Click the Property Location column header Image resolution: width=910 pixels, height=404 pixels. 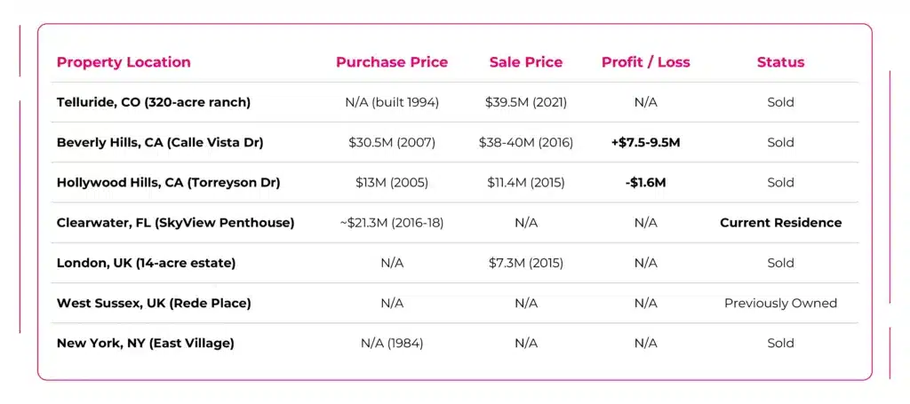click(x=124, y=62)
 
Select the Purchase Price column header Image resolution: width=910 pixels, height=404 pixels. click(x=392, y=62)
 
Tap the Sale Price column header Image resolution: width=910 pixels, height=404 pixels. click(x=526, y=62)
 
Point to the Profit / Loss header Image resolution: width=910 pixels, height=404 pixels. click(x=646, y=62)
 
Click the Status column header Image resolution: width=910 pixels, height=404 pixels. click(x=780, y=62)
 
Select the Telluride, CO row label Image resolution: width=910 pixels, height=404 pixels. click(x=154, y=102)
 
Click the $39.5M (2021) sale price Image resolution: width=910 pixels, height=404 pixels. click(x=526, y=102)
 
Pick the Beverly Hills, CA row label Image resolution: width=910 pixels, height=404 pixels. click(x=160, y=142)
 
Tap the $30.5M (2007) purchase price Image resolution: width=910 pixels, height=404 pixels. click(x=392, y=142)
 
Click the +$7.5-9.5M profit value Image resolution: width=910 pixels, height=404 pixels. click(x=646, y=142)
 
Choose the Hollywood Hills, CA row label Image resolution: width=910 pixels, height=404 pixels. click(x=168, y=182)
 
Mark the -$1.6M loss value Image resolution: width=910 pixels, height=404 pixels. click(x=646, y=182)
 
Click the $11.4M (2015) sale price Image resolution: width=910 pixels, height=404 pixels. click(x=526, y=182)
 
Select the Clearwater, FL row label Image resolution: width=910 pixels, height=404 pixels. click(x=175, y=223)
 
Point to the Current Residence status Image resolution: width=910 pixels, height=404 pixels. click(x=780, y=223)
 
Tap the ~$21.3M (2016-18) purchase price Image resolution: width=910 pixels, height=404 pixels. click(x=392, y=223)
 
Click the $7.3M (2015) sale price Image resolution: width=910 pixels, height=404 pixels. click(x=526, y=263)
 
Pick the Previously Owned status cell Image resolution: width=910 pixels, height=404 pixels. click(x=780, y=303)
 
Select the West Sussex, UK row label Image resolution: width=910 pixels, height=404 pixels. click(x=154, y=303)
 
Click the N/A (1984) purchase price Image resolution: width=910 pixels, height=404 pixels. click(x=392, y=343)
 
